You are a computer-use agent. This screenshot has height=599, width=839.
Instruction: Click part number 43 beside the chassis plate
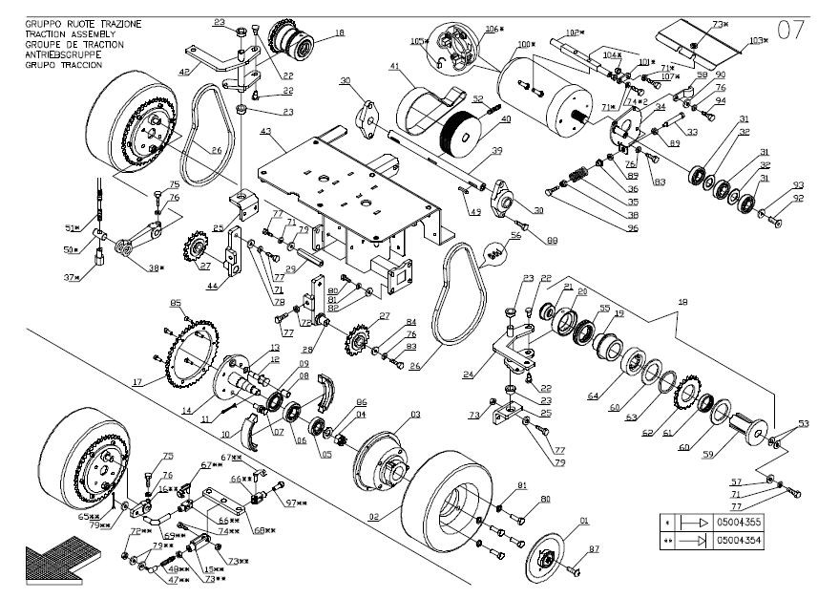264,131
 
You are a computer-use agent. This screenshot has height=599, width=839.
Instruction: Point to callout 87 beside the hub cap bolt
594,549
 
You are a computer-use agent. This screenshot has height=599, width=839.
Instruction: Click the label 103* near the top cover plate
758,40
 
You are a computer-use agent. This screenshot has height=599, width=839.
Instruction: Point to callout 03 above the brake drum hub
416,415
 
